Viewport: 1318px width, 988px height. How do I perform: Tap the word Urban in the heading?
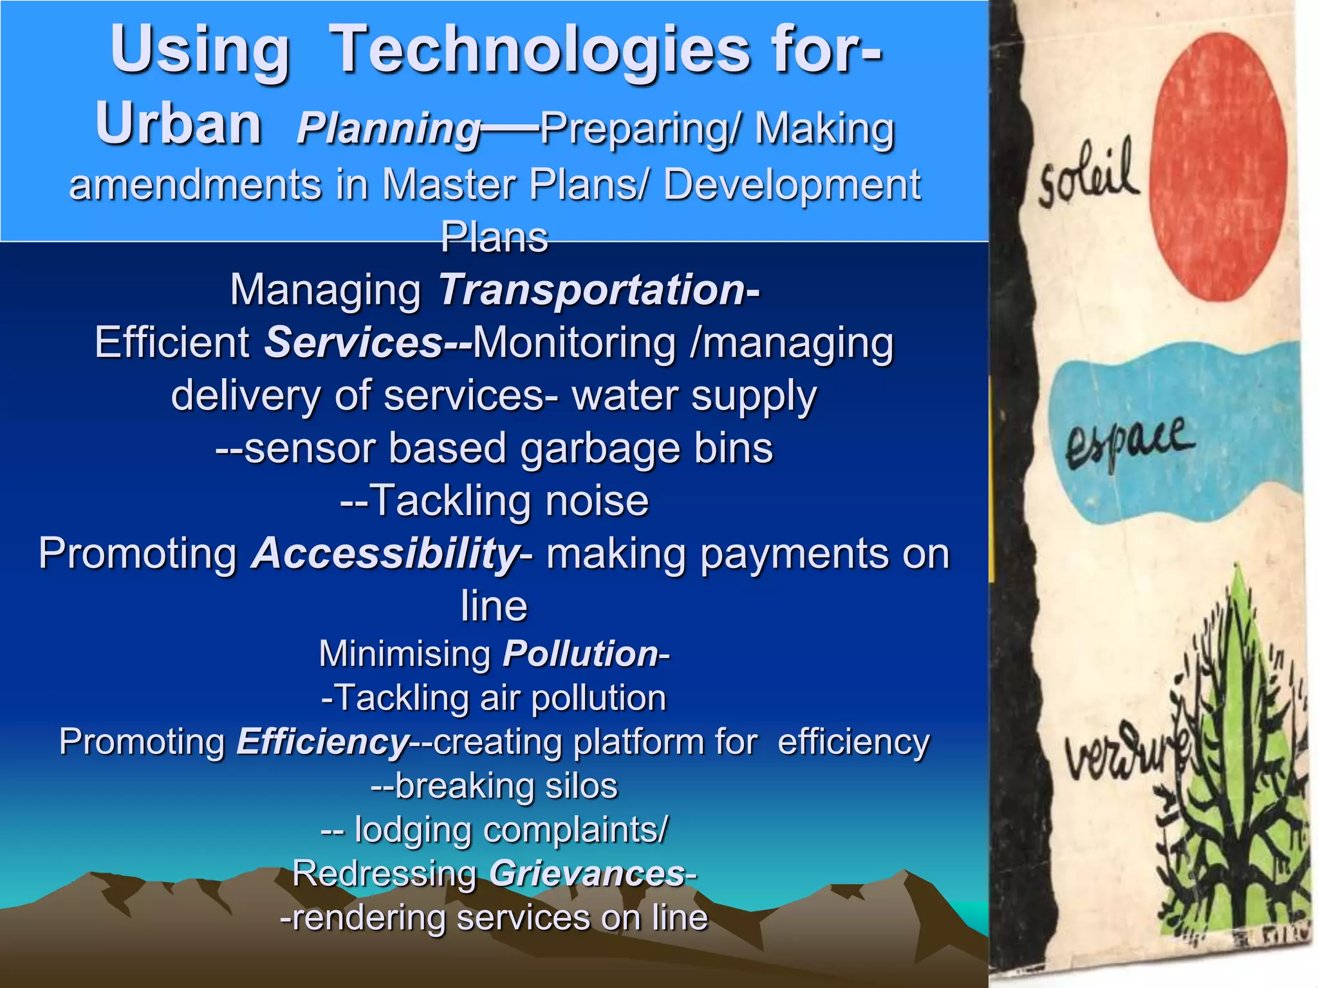click(178, 123)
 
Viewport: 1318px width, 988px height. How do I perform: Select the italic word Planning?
click(389, 129)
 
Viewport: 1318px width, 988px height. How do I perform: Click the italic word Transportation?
click(591, 289)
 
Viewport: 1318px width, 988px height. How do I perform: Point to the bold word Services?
click(353, 342)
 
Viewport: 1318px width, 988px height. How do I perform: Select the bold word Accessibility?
click(385, 554)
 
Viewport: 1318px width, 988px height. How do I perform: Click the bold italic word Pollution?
click(580, 654)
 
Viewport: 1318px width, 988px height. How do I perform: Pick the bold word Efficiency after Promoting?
click(322, 742)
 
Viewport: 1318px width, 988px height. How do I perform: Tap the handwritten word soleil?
click(1088, 175)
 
